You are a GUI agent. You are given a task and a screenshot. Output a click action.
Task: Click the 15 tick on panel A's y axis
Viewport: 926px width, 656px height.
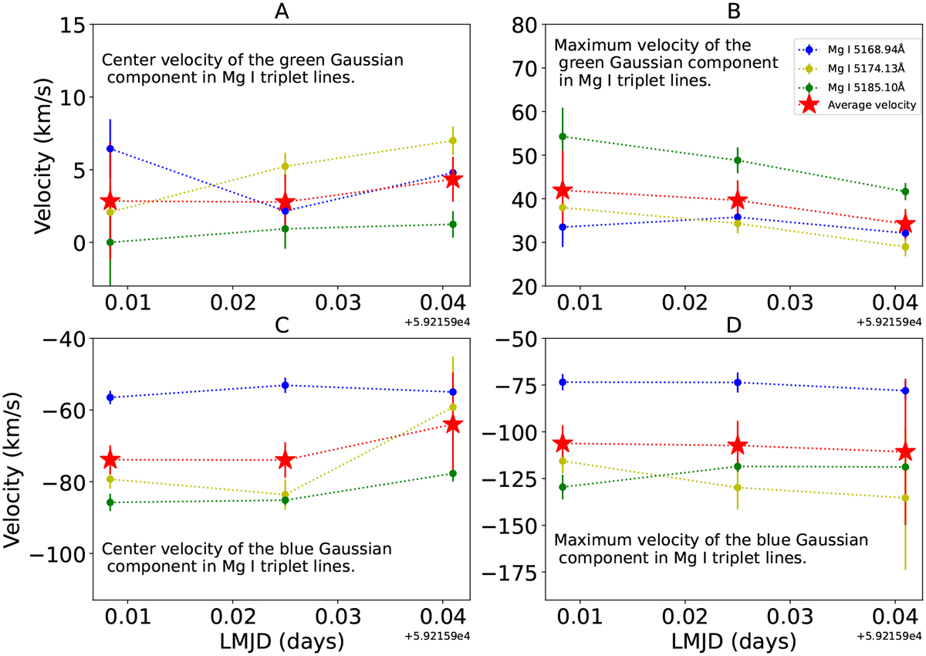[x=69, y=25]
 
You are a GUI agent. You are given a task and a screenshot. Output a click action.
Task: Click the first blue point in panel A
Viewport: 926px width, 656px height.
[x=110, y=148]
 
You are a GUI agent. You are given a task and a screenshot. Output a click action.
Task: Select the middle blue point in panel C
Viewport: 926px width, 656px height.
[x=286, y=385]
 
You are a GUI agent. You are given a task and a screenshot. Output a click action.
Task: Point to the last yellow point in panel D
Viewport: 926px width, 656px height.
[x=905, y=498]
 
